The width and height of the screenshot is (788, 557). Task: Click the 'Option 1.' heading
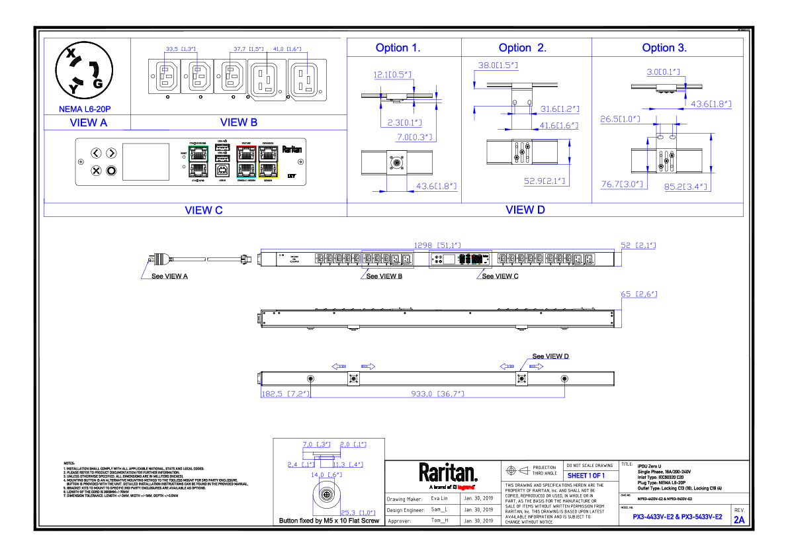tap(398, 48)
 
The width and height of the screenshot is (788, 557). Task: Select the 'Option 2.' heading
tap(522, 48)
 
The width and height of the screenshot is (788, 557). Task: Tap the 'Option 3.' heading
tap(664, 48)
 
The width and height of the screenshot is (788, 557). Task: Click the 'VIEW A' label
tap(89, 122)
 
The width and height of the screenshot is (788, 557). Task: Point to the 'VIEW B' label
tap(239, 122)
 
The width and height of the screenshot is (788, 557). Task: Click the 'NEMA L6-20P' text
tap(85, 109)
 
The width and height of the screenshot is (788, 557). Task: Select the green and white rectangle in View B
tap(198, 161)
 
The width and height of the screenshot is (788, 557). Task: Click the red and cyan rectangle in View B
tap(246, 161)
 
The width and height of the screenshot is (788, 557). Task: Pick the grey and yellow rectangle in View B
tap(268, 161)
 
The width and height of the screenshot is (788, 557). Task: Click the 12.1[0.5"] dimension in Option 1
tap(393, 75)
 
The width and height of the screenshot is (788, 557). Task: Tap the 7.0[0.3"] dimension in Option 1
tap(414, 137)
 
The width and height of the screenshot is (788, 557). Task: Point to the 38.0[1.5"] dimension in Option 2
tap(498, 65)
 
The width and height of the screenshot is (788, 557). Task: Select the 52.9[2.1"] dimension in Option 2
tap(545, 181)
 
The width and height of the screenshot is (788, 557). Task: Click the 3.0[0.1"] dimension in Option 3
tap(664, 72)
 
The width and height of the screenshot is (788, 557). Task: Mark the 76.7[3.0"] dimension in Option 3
tap(622, 185)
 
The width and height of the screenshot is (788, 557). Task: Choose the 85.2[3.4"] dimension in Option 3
tap(685, 187)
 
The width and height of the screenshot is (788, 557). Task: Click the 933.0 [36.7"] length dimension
tap(437, 394)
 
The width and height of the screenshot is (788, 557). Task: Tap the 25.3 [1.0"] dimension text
tap(358, 513)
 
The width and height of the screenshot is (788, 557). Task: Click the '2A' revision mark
tap(739, 520)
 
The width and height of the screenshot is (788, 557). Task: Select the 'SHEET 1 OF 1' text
tap(586, 476)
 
